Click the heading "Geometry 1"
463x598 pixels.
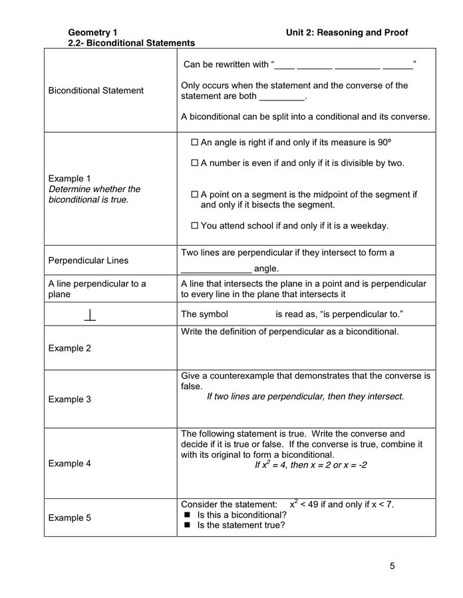[x=92, y=33]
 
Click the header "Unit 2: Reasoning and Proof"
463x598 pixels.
[x=347, y=33]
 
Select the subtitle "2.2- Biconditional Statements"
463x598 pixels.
[x=131, y=43]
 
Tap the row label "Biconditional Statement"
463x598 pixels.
[x=96, y=90]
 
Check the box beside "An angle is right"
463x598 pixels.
[x=195, y=142]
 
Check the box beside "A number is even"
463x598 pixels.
[x=195, y=163]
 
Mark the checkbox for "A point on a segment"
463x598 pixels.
[x=195, y=195]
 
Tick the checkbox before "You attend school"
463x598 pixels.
[x=195, y=226]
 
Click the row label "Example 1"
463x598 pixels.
[x=70, y=179]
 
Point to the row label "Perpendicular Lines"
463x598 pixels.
[x=88, y=260]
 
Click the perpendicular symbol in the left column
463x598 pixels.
[x=90, y=314]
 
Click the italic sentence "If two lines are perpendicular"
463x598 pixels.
[x=305, y=397]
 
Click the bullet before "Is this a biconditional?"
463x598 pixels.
[x=187, y=515]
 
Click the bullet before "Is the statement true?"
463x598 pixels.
[x=187, y=526]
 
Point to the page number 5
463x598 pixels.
[x=392, y=566]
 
